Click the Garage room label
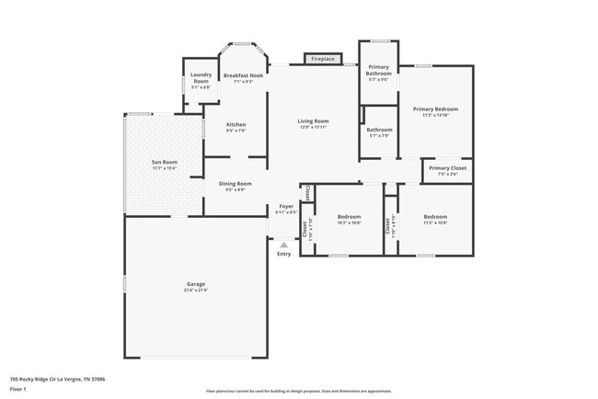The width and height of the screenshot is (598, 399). point(195,286)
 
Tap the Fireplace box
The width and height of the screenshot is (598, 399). point(322,59)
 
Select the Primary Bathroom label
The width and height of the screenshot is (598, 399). point(379,73)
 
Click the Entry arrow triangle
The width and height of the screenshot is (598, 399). point(283,245)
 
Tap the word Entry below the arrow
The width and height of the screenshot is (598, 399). point(283,254)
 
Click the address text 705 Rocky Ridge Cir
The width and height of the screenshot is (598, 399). point(44,378)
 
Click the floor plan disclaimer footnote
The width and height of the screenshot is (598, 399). point(298,390)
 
